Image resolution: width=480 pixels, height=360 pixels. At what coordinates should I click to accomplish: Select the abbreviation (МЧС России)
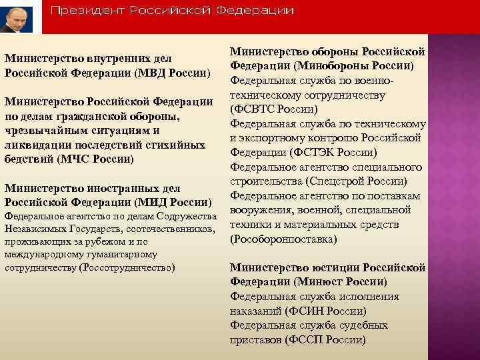[97, 159]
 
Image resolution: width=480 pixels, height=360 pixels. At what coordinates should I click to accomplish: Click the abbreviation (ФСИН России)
[325, 311]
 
